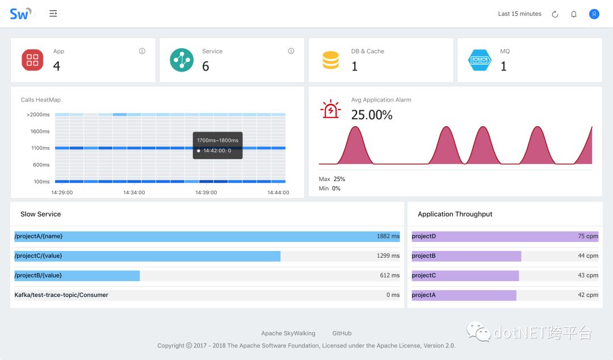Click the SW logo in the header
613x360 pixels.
pos(20,14)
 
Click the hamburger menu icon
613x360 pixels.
pos(53,14)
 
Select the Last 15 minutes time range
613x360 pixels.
pos(519,14)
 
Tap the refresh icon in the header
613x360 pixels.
pos(555,14)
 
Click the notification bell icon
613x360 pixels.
pos(574,14)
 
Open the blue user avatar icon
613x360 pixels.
pos(594,14)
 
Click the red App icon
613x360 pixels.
pos(32,60)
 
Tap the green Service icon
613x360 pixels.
pos(182,60)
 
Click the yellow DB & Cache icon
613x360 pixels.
pos(330,60)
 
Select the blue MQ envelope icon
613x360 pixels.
pos(480,60)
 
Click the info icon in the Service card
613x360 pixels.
pos(291,51)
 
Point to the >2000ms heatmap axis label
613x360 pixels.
pos(38,115)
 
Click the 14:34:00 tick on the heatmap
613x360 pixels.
pos(134,192)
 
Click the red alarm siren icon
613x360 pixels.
pos(330,108)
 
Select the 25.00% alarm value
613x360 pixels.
pos(372,115)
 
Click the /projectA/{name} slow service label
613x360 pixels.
pos(39,236)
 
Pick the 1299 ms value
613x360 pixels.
pos(388,256)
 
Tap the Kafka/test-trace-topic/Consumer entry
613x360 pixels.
pos(61,295)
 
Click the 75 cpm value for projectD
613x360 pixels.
pos(588,236)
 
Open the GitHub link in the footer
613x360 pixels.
pos(342,333)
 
